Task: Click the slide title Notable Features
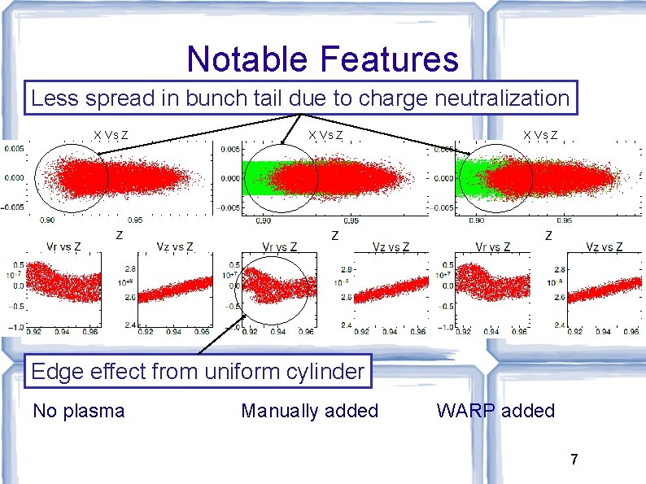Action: pyautogui.click(x=322, y=59)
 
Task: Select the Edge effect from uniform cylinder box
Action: pyautogui.click(x=198, y=372)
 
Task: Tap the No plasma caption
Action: pyautogui.click(x=78, y=411)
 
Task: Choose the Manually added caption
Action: pyautogui.click(x=309, y=411)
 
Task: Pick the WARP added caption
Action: pyautogui.click(x=495, y=411)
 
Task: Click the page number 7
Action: pyautogui.click(x=574, y=460)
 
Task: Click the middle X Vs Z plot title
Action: pyautogui.click(x=325, y=135)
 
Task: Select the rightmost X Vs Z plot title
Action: pyautogui.click(x=541, y=135)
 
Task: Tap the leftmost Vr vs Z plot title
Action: pyautogui.click(x=53, y=247)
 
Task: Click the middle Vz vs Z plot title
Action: pyautogui.click(x=391, y=247)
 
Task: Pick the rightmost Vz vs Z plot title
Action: pyautogui.click(x=605, y=247)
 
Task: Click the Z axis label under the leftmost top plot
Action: pyautogui.click(x=119, y=236)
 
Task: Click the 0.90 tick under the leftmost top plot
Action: pyautogui.click(x=49, y=220)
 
